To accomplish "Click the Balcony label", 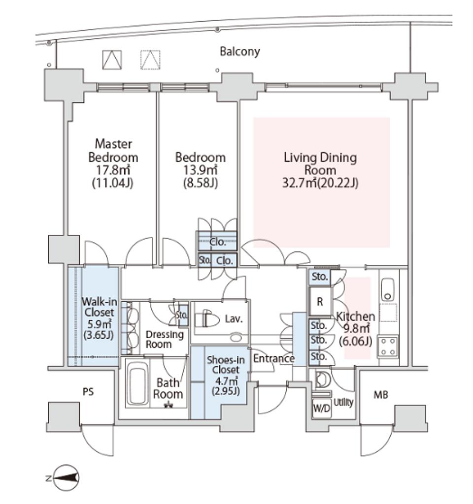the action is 240,51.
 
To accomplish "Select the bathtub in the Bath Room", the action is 137,384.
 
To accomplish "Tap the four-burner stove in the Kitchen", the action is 388,347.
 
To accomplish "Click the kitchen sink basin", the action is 387,289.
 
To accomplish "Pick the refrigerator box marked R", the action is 320,302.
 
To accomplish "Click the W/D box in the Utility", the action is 322,409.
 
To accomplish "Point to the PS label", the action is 89,392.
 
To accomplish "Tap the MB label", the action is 381,394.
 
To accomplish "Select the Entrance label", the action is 274,358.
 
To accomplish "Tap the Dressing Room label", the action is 165,339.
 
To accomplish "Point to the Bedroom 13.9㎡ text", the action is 200,169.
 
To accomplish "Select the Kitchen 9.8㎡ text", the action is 355,329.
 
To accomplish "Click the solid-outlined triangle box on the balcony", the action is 112,60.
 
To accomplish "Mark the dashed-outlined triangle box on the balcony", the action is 150,60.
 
